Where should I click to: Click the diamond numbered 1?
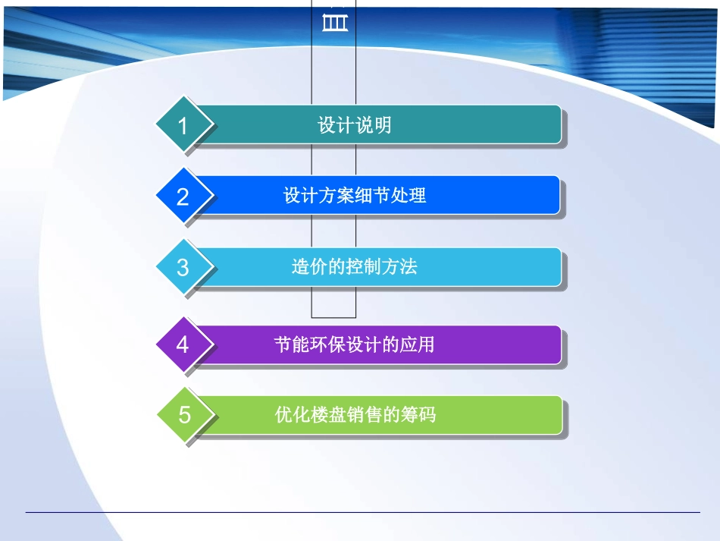[x=183, y=125]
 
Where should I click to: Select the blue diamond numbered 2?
[x=183, y=197]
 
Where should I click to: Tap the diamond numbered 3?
[x=183, y=267]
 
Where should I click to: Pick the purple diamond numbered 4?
[x=183, y=344]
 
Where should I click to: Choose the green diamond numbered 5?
[x=184, y=415]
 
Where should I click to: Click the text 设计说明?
[x=355, y=125]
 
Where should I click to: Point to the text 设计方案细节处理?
[x=355, y=195]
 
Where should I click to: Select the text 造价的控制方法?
[x=355, y=266]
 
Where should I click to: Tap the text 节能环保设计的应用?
[x=355, y=344]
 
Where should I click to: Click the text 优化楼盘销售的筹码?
[x=355, y=415]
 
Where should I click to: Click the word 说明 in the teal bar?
[x=373, y=125]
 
